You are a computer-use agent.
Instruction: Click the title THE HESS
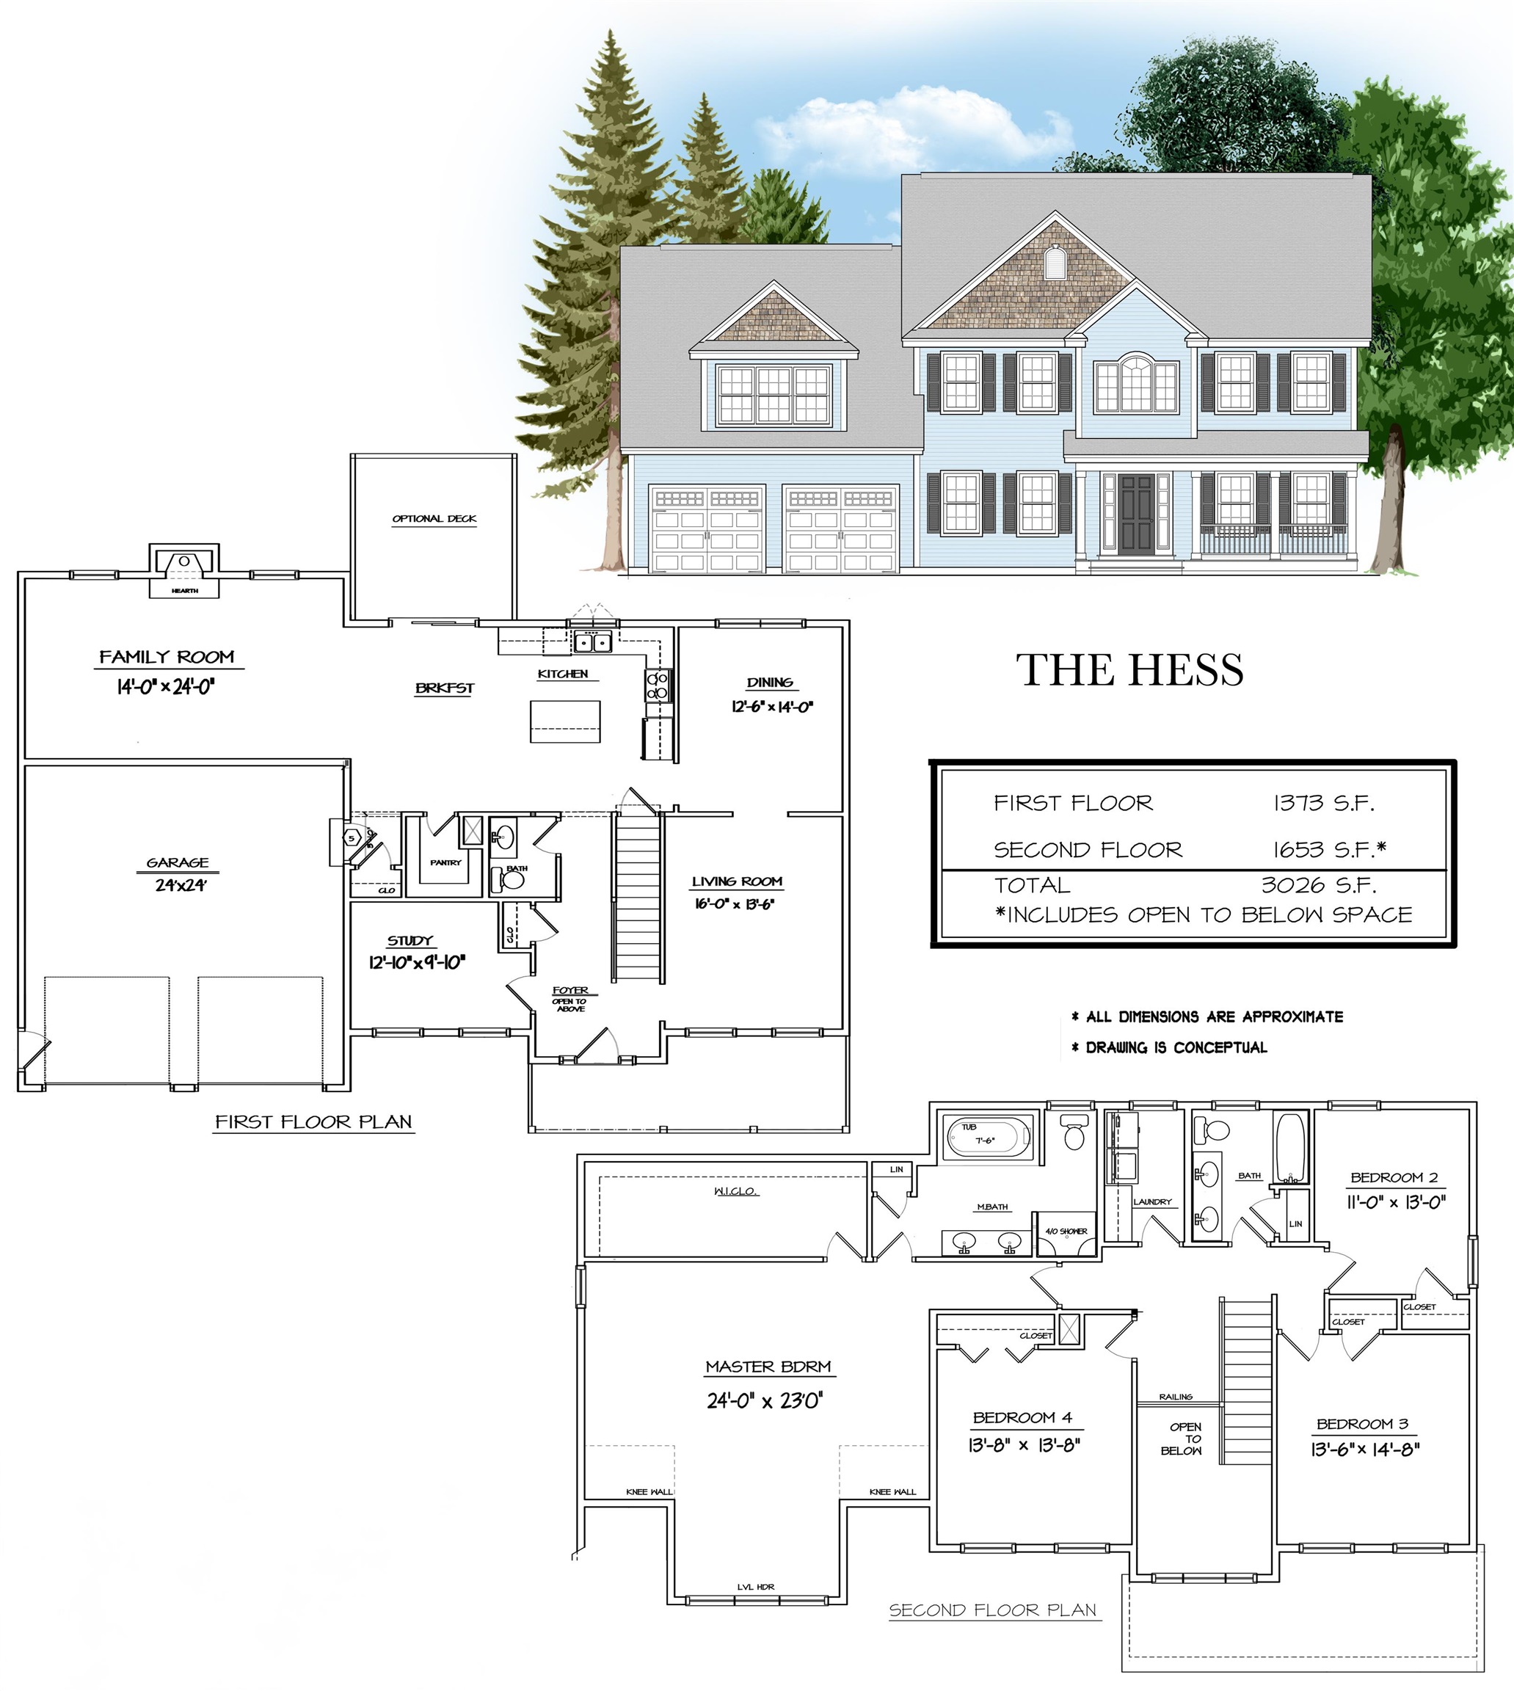pyautogui.click(x=1129, y=670)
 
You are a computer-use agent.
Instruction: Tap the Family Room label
pyautogui.click(x=167, y=657)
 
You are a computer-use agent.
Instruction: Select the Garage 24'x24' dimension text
pyautogui.click(x=180, y=885)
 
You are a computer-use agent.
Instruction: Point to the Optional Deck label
pyautogui.click(x=434, y=518)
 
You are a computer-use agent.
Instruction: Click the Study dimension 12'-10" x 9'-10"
pyautogui.click(x=417, y=962)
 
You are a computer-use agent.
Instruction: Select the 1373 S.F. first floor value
pyautogui.click(x=1323, y=803)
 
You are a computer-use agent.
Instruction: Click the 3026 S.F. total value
pyautogui.click(x=1319, y=884)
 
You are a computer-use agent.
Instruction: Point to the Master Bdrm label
pyautogui.click(x=768, y=1366)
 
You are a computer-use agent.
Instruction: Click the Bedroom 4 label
pyautogui.click(x=1022, y=1417)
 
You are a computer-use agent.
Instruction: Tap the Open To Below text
pyautogui.click(x=1182, y=1438)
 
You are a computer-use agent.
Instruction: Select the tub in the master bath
pyautogui.click(x=989, y=1136)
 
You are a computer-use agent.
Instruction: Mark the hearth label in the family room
pyautogui.click(x=185, y=591)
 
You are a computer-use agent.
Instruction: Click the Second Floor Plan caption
pyautogui.click(x=993, y=1610)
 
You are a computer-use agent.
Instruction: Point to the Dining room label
pyautogui.click(x=770, y=682)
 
